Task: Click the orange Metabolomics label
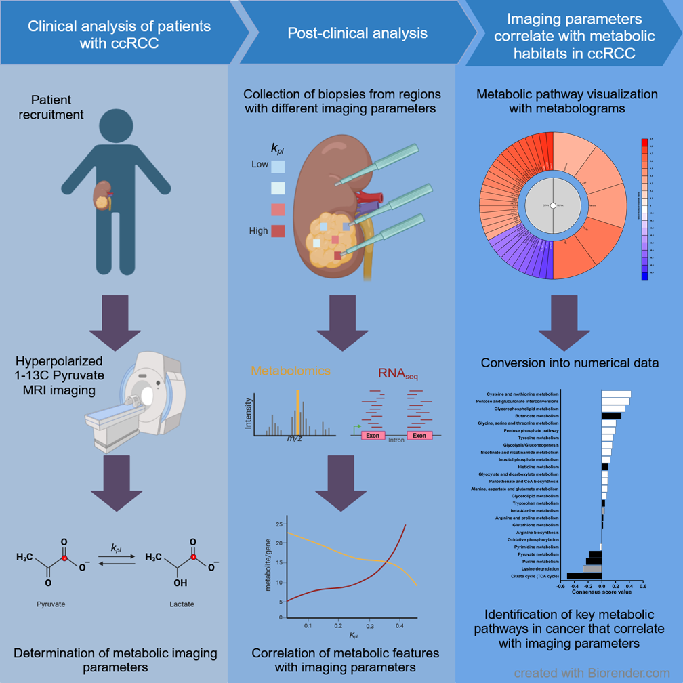tap(291, 371)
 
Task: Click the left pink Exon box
tap(373, 435)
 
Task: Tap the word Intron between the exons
tap(396, 441)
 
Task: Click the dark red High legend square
tap(278, 231)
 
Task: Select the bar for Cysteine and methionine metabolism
tap(616, 394)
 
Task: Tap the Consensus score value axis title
tap(602, 592)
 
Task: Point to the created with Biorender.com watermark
tap(591, 673)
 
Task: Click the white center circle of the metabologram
tap(554, 205)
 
